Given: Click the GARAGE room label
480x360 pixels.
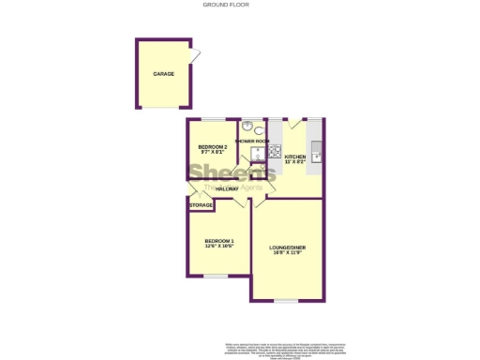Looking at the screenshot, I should tap(164, 73).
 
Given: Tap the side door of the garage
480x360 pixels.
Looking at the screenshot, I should tap(194, 55).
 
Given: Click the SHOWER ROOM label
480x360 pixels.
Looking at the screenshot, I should tap(252, 142).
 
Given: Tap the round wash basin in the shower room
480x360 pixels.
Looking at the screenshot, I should tap(245, 127).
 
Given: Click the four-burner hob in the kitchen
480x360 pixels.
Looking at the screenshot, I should tap(276, 150).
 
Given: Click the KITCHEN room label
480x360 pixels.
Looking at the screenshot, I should tap(294, 157).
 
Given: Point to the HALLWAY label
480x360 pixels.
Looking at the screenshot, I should tap(227, 189).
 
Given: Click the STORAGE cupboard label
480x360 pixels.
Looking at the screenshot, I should tap(202, 205).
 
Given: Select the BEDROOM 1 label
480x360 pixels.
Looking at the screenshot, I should tap(219, 241).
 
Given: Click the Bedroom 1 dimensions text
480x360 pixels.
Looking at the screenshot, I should tap(219, 247).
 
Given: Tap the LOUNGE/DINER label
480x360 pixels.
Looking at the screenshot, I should tap(288, 247).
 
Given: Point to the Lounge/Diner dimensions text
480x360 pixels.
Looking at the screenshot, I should tap(288, 253).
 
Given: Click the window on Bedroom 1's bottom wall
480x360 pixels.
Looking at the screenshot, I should tap(217, 276).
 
